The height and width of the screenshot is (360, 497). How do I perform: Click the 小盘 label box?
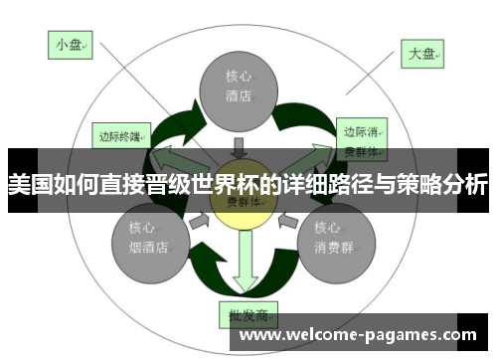pos(70,44)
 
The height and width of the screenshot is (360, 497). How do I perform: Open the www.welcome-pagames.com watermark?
pos(359,336)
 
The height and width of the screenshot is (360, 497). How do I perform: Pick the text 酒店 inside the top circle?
pos(239,96)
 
